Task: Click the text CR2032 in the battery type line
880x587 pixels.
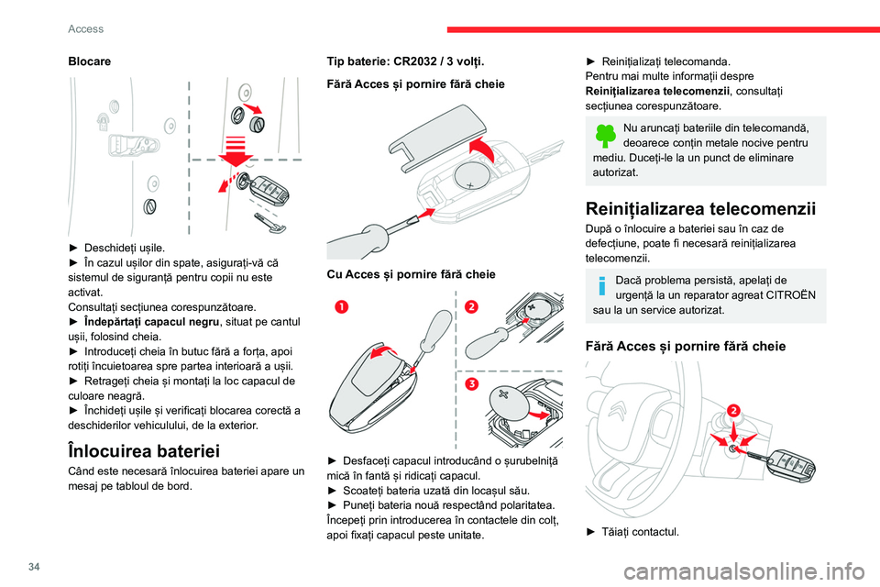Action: point(426,61)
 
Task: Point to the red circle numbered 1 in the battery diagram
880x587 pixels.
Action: point(341,307)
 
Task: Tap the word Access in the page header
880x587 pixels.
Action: point(85,28)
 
